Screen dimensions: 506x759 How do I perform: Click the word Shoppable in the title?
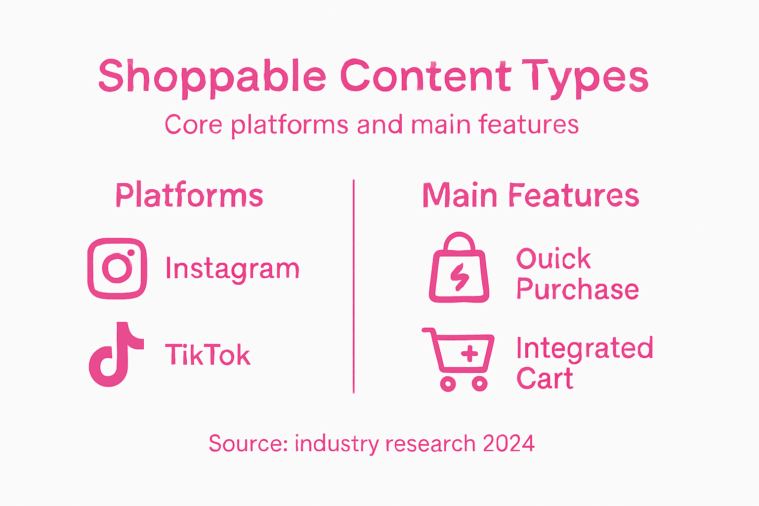click(212, 77)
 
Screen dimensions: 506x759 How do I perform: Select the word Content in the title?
click(425, 77)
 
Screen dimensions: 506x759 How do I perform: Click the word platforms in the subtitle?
click(290, 125)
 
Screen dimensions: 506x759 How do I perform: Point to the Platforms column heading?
click(189, 195)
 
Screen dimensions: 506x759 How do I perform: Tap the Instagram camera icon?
click(117, 268)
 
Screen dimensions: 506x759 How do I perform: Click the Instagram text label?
click(232, 269)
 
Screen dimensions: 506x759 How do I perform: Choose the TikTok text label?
click(208, 355)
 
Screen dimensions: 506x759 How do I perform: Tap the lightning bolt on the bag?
click(460, 277)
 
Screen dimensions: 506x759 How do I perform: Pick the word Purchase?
click(577, 290)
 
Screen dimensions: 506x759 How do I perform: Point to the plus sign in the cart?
click(469, 353)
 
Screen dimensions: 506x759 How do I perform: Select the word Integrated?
click(585, 348)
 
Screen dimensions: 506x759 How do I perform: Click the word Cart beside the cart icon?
click(545, 379)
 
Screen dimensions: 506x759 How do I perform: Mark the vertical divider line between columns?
click(354, 287)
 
